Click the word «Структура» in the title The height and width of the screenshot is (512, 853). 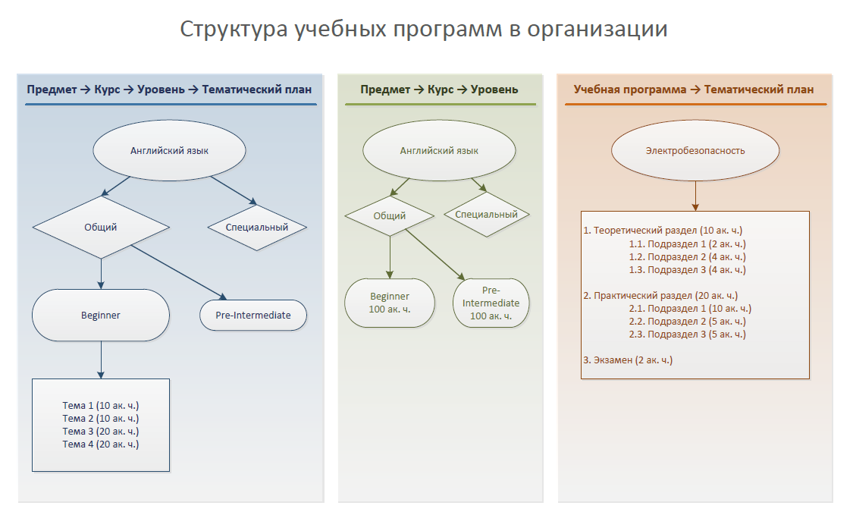234,30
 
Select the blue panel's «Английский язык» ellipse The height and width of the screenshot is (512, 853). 169,150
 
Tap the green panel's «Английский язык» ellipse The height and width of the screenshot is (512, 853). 439,150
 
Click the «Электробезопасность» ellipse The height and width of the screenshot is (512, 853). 695,150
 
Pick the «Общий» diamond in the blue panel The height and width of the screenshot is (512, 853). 101,227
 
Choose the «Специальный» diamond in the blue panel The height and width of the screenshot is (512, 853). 257,227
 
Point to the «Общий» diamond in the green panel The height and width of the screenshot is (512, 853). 390,216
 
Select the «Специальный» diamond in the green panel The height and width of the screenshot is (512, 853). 486,215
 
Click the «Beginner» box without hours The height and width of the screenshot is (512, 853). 101,315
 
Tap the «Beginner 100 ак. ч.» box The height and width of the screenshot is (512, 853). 390,303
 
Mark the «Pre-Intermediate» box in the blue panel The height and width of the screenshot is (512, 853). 253,315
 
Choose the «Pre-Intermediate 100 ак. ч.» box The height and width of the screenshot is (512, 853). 491,303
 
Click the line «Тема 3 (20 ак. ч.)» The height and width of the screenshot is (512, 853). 101,432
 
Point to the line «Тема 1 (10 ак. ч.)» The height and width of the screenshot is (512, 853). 101,405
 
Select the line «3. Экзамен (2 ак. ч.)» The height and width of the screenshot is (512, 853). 628,360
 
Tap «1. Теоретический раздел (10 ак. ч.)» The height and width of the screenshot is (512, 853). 663,230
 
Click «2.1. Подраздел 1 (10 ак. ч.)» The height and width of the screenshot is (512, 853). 690,309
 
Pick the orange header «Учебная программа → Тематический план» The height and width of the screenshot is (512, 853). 694,90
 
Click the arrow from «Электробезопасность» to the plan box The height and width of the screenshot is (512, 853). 695,196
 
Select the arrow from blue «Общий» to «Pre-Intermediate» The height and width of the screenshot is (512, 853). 178,272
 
